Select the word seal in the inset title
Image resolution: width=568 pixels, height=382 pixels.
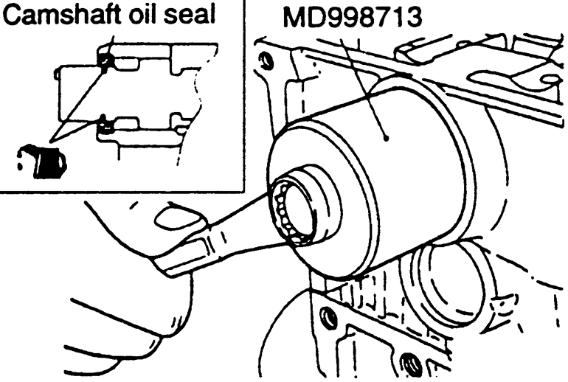click(x=191, y=15)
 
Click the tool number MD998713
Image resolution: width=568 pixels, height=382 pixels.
click(x=352, y=18)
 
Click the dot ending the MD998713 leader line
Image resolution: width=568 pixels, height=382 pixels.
click(x=387, y=138)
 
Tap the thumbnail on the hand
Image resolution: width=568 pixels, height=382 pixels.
click(x=179, y=217)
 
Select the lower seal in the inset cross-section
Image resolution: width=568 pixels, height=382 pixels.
click(x=105, y=124)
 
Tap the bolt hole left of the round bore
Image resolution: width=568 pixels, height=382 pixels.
click(x=328, y=316)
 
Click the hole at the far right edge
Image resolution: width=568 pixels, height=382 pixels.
click(x=551, y=80)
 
